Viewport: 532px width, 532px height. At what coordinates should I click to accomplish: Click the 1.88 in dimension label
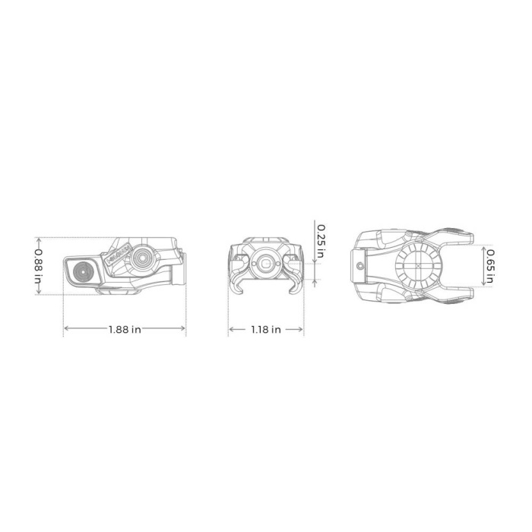(x=125, y=329)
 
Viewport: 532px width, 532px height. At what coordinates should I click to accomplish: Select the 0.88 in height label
(x=37, y=264)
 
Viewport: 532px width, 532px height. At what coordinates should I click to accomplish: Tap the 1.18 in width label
(x=266, y=329)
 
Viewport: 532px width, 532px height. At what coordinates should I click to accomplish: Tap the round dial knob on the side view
(x=141, y=258)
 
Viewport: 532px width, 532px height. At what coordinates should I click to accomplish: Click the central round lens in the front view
(x=265, y=262)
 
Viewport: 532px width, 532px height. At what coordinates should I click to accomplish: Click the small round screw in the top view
(x=361, y=266)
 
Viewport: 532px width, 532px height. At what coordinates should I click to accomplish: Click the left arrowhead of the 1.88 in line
(x=65, y=329)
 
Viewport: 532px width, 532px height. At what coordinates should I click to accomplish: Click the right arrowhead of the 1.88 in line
(x=184, y=329)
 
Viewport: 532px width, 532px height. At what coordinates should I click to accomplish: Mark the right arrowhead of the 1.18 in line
(x=302, y=329)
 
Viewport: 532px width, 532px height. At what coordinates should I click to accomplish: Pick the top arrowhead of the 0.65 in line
(x=484, y=245)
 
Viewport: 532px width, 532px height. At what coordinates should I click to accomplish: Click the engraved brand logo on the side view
(x=120, y=255)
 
